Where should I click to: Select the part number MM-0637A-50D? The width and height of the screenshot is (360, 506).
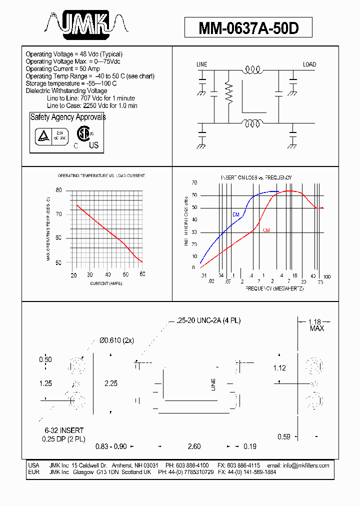tap(248, 28)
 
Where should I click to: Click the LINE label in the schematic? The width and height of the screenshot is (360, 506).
tap(201, 64)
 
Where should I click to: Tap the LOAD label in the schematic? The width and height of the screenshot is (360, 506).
tap(309, 64)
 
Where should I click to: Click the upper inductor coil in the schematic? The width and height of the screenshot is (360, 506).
tap(252, 71)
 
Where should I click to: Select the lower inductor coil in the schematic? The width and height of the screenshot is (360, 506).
tap(252, 123)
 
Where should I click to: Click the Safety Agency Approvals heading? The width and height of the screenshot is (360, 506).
tap(68, 117)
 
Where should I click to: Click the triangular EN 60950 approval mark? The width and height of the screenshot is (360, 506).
tap(41, 136)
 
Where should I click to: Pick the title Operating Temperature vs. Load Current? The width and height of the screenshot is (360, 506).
tap(101, 176)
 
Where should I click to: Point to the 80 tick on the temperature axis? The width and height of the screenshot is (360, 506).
tap(58, 190)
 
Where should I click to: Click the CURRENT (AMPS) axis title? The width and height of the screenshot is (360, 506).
tap(106, 283)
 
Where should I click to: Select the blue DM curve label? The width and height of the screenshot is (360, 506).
tap(236, 214)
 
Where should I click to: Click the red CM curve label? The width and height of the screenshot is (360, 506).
tap(266, 230)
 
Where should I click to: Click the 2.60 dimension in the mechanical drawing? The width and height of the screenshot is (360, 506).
tap(194, 446)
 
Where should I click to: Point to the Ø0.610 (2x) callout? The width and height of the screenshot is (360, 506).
tap(116, 340)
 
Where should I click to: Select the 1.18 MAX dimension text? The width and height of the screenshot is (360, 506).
tap(315, 324)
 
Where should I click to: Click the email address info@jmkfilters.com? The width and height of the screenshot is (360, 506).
tap(306, 465)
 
